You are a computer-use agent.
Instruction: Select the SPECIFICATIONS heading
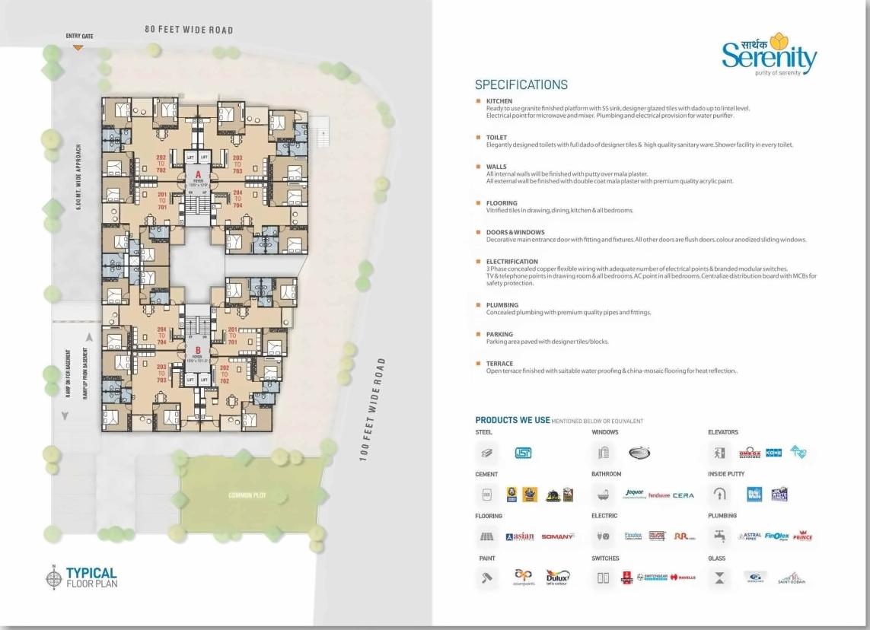click(x=521, y=84)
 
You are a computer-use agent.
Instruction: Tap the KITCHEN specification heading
click(x=499, y=101)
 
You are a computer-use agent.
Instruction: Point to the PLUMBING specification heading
click(x=502, y=305)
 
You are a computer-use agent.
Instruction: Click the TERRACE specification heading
click(x=499, y=364)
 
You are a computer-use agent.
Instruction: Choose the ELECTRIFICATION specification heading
click(x=511, y=262)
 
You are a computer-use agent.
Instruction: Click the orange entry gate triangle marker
click(x=78, y=47)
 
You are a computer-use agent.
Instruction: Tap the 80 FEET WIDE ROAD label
click(x=189, y=30)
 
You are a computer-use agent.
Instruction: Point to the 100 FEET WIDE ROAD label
click(x=373, y=409)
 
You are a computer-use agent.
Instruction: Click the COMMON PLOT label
click(x=247, y=495)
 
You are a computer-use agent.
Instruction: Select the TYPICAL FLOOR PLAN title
click(x=91, y=577)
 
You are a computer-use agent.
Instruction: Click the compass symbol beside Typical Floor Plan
click(x=53, y=577)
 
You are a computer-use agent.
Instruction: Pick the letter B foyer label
click(x=197, y=350)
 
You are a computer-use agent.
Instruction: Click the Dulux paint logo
click(x=558, y=577)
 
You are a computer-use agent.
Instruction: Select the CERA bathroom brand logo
click(x=683, y=495)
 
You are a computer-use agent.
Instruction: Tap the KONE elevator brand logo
click(x=773, y=453)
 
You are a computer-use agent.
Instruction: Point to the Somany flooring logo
click(x=557, y=536)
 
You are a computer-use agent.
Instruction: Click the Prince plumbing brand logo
click(x=802, y=536)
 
